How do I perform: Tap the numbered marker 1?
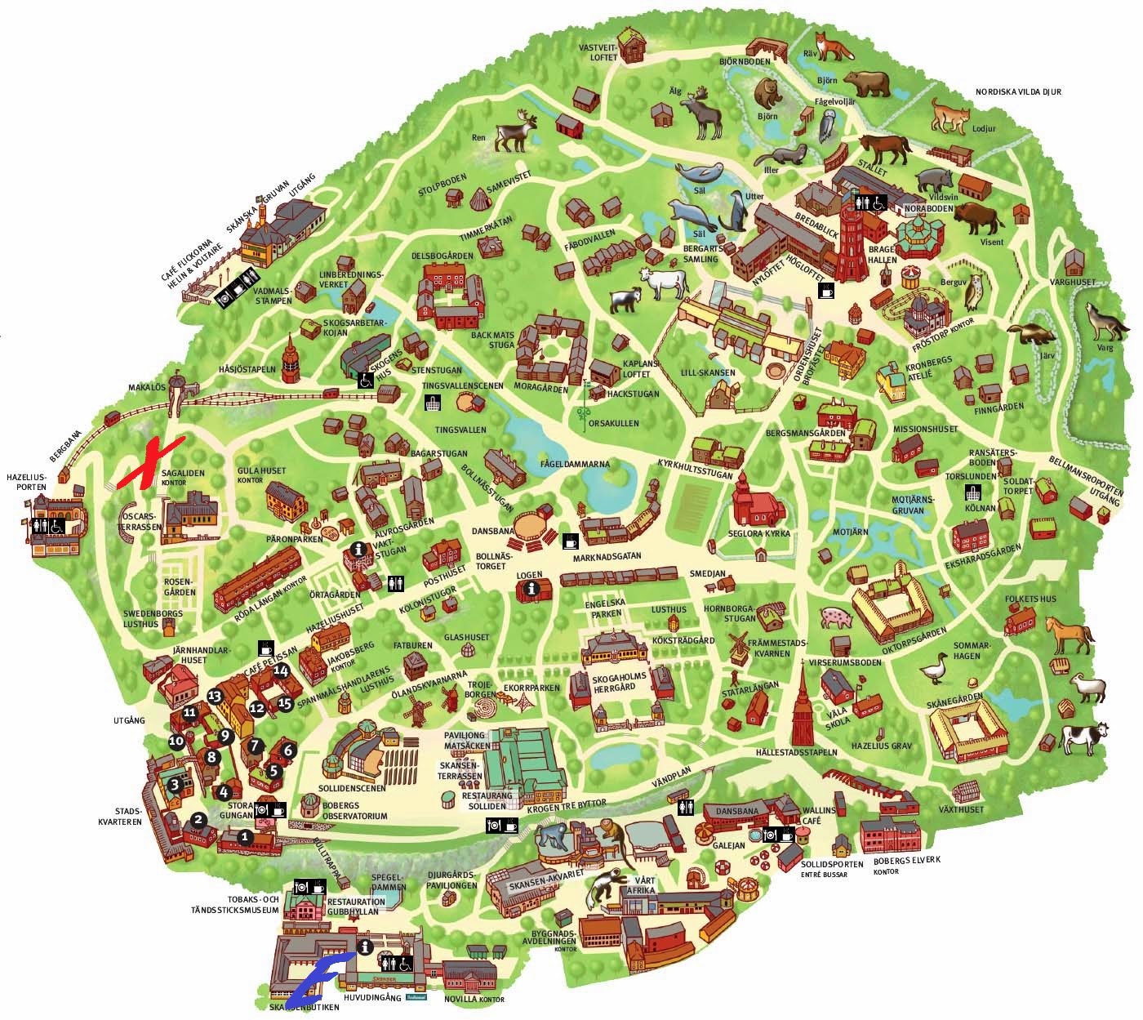coord(244,836)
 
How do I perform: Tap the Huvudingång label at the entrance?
coord(365,997)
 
